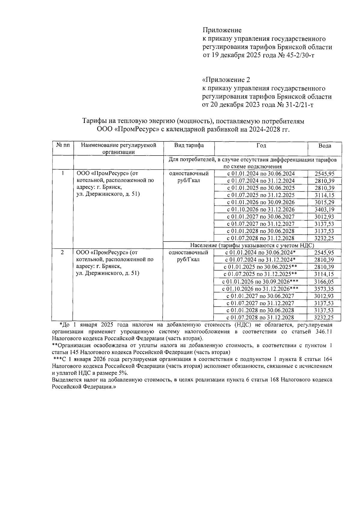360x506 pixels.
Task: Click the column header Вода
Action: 325,146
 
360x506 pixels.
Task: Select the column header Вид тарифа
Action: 189,145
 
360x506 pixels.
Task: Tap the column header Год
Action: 261,145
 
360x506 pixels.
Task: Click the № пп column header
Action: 63,145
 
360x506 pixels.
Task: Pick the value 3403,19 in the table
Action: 324,210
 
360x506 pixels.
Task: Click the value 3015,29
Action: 324,202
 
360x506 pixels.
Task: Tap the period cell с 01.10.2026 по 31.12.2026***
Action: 260,289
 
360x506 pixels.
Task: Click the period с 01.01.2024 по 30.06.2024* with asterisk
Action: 260,253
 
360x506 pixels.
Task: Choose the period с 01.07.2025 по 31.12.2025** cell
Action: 260,274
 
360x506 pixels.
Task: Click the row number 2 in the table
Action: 62,253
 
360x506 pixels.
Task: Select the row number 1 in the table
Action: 63,174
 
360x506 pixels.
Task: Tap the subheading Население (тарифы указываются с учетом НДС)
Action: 252,246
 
